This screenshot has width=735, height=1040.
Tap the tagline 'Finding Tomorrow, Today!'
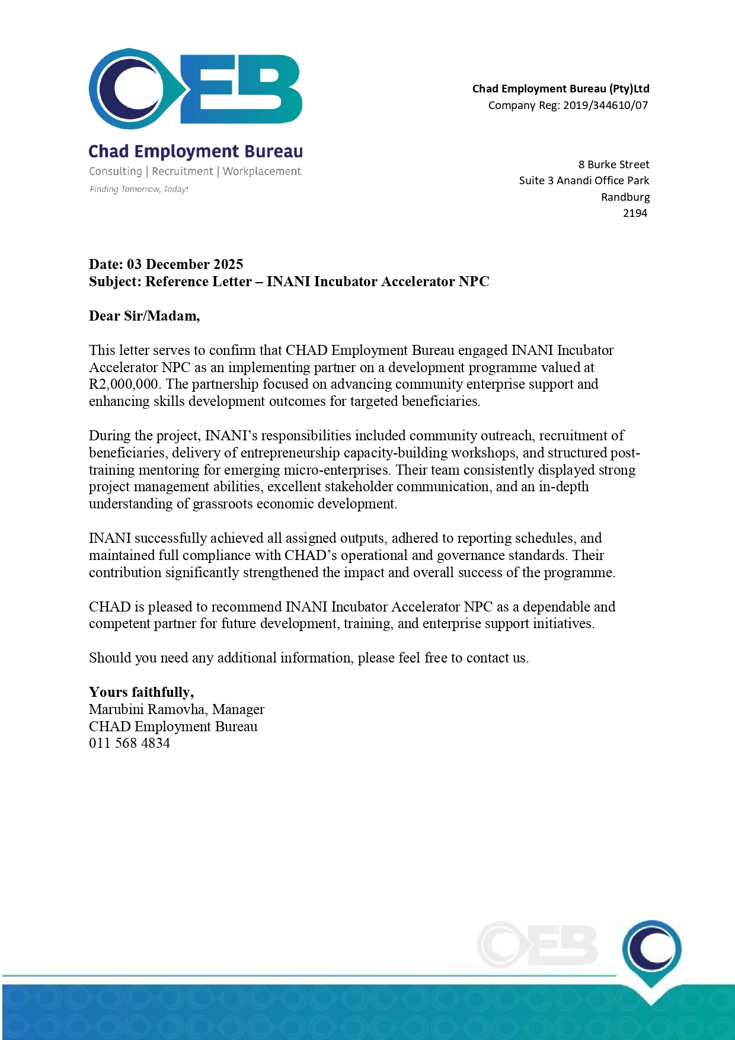139,189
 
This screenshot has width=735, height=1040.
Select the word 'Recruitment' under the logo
183,171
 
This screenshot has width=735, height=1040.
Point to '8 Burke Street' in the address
613,165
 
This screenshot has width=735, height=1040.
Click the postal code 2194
635,213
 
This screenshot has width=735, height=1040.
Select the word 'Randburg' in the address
625,197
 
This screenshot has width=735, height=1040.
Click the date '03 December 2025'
185,264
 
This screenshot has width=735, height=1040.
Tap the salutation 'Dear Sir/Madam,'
144,316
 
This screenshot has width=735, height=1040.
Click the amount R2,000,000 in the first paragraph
124,384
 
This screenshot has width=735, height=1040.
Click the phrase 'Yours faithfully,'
141,692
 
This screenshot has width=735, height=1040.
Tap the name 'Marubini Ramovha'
148,709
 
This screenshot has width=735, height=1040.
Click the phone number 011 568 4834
129,743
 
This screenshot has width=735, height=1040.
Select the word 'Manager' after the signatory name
238,709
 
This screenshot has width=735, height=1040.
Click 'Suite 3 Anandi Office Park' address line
584,181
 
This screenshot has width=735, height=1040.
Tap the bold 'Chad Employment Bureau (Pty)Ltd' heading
561,89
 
